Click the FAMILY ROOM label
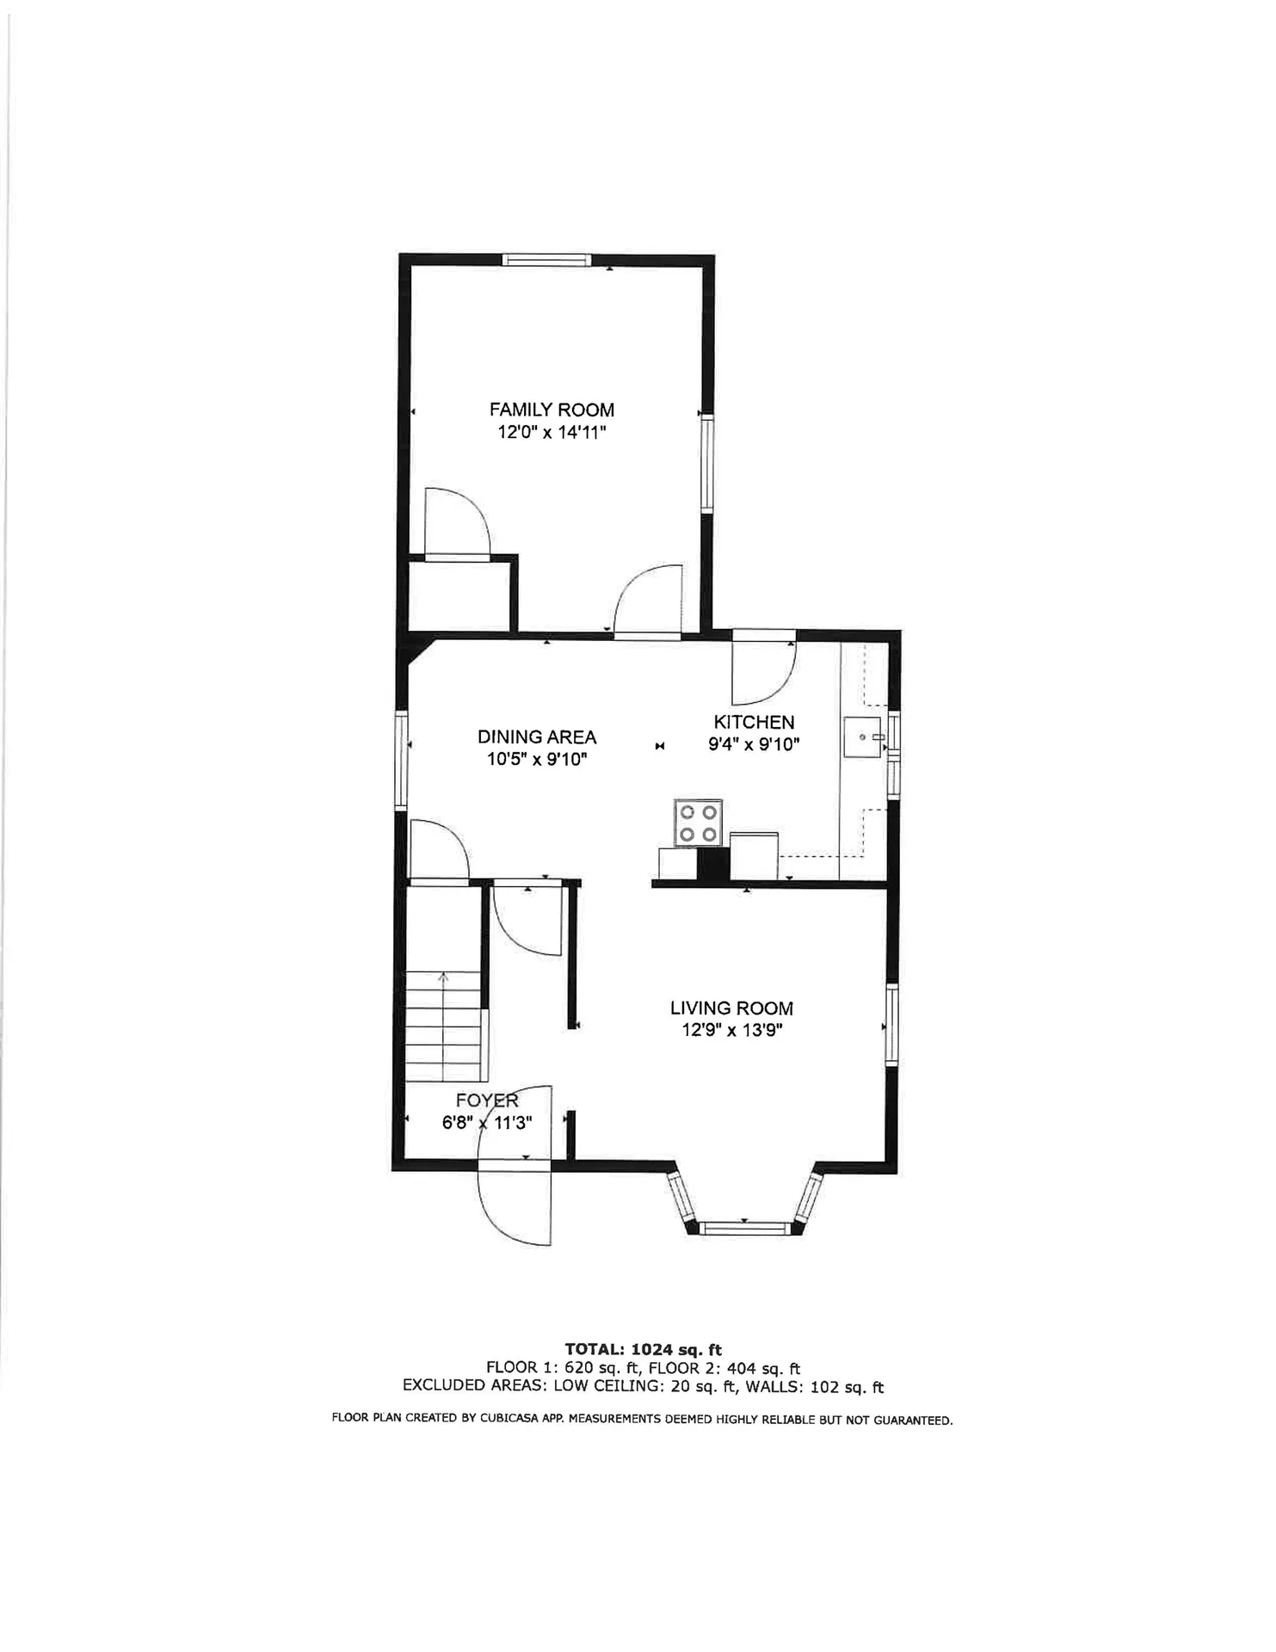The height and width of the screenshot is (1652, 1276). (x=552, y=410)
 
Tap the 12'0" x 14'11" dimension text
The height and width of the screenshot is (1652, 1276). (x=552, y=432)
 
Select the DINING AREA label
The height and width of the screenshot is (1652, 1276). (x=536, y=737)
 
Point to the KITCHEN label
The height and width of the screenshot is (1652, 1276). (x=754, y=722)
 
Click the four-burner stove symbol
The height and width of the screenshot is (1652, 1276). (x=698, y=823)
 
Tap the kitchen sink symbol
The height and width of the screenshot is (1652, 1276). (x=863, y=737)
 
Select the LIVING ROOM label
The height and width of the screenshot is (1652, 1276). (x=731, y=1008)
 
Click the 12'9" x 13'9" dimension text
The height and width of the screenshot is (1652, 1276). (x=731, y=1030)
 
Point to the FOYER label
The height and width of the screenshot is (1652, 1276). (x=487, y=1100)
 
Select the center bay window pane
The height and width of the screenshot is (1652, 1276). (x=744, y=1228)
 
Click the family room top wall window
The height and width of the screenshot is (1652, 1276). (x=547, y=260)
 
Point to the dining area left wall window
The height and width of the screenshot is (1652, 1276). (x=400, y=761)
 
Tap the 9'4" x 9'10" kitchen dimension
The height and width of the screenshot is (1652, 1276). (x=754, y=744)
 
